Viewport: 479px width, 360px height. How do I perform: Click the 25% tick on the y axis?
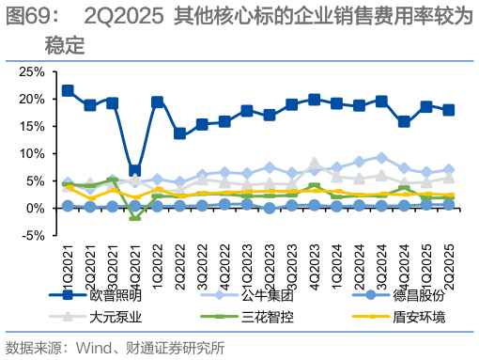32,71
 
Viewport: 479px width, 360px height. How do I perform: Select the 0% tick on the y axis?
36,208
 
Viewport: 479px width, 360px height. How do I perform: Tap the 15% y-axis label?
32,126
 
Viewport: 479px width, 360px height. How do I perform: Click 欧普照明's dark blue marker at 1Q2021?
68,91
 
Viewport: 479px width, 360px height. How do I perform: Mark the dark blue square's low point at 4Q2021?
135,171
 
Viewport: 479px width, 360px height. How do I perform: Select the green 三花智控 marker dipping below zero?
135,216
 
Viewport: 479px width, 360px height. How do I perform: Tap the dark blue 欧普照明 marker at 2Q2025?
449,110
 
